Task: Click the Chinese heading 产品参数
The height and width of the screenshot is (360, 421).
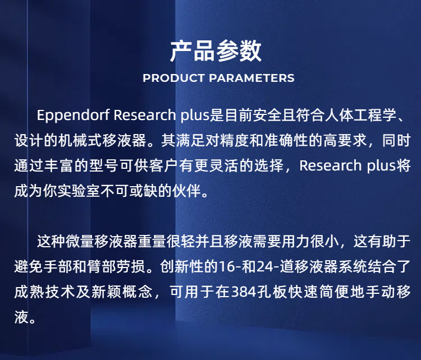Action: (x=216, y=51)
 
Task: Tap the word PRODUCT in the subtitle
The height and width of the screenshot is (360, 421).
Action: (x=173, y=78)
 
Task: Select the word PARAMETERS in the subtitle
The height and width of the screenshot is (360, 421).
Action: (x=251, y=78)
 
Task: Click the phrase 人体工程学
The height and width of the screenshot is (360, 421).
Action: (x=360, y=116)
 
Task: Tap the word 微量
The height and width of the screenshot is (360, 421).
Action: (x=80, y=242)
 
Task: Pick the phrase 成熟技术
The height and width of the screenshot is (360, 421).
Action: (x=44, y=292)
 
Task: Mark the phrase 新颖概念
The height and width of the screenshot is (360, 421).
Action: (x=122, y=292)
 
